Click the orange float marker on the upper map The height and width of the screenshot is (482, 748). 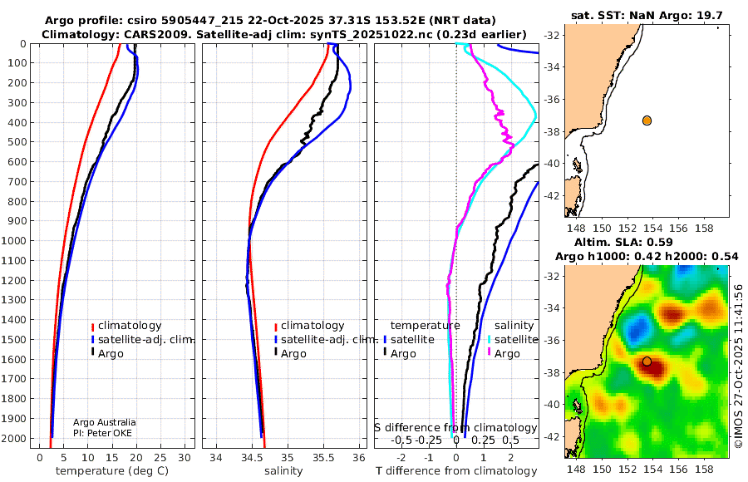point(647,120)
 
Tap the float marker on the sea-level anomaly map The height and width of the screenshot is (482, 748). point(647,361)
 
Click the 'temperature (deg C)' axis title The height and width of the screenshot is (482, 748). point(112,471)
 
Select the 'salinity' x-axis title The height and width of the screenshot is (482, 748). point(283,471)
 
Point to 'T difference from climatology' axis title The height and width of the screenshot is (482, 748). point(456,471)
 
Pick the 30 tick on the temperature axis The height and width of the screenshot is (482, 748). point(185,457)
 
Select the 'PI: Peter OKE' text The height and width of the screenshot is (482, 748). point(102,433)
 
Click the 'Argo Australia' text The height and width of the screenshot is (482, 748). point(105,422)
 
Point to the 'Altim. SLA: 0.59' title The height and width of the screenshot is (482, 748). point(623,242)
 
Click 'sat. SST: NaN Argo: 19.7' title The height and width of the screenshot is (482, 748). point(647,15)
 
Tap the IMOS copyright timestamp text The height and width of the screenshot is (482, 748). point(739,366)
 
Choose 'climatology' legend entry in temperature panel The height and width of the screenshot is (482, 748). point(126,326)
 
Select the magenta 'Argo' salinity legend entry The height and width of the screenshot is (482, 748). point(503,354)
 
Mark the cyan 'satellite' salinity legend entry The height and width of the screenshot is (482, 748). point(512,339)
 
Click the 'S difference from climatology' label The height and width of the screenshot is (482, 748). point(455,427)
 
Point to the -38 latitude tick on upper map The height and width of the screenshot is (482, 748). point(552,132)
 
